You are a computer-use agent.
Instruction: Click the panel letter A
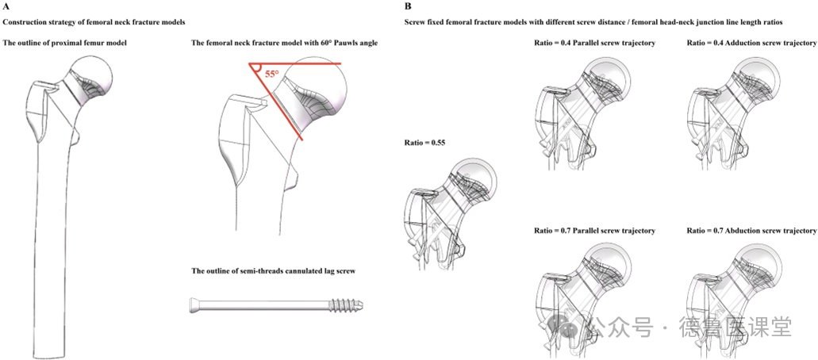[6, 6]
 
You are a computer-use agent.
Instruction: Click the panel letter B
[409, 6]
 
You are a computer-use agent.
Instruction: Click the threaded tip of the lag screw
[349, 306]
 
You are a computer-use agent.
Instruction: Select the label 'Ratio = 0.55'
[426, 143]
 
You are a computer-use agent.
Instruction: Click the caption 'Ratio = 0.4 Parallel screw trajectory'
[595, 42]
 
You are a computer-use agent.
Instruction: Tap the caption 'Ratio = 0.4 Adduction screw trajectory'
[751, 42]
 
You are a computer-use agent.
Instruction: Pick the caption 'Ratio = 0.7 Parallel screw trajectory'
[595, 231]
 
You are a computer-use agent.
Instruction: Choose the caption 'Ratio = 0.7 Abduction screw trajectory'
[751, 231]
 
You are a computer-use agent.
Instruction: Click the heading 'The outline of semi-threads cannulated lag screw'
[273, 270]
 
